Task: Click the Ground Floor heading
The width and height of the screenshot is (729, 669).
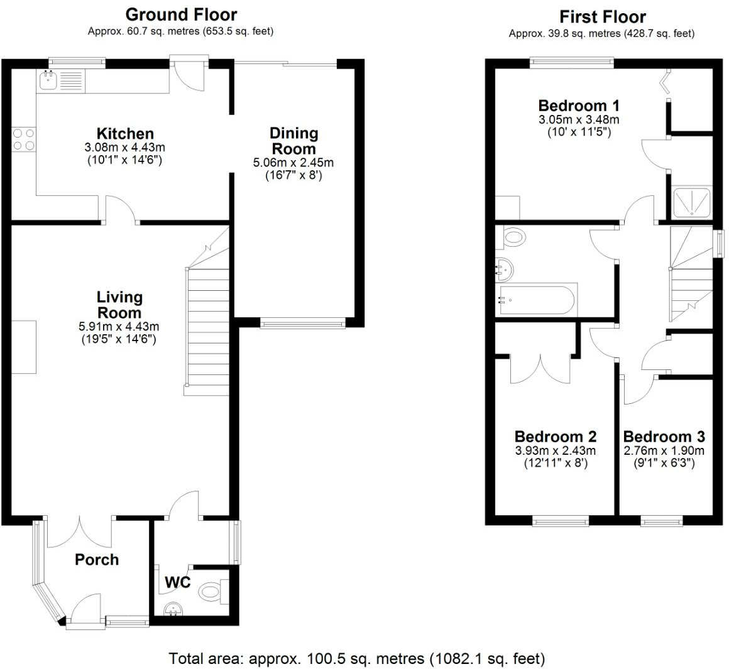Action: pos(181,14)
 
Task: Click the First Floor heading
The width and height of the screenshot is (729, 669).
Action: pos(602,16)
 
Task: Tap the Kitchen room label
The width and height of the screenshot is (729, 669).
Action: pos(125,133)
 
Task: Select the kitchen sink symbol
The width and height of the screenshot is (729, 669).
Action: pos(48,80)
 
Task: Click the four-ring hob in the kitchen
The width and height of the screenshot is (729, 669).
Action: pos(23,139)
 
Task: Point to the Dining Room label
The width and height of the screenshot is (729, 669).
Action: pos(293,141)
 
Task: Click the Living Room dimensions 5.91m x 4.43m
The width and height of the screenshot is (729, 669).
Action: pos(119,326)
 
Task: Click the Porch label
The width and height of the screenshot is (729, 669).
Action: pos(97,559)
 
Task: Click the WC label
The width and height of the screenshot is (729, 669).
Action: pos(177,582)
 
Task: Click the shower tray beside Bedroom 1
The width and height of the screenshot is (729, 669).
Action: pos(692,202)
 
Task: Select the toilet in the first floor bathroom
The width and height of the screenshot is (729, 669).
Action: pos(513,237)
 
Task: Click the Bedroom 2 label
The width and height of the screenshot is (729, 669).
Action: pos(555,436)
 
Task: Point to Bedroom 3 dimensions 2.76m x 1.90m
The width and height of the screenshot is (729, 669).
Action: pos(664,450)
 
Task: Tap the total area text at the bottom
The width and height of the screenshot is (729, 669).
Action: pos(357,658)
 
